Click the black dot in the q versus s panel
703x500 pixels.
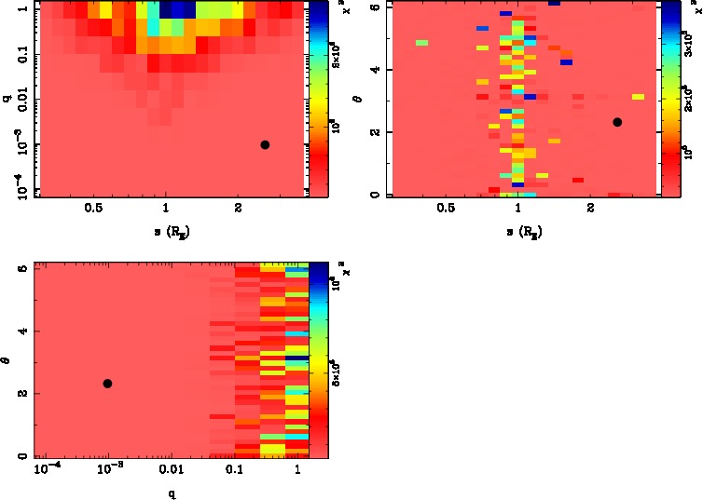click(x=265, y=144)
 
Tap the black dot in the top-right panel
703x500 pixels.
click(x=616, y=122)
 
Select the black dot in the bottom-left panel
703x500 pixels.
click(x=107, y=384)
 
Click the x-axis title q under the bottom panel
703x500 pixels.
click(x=171, y=493)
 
